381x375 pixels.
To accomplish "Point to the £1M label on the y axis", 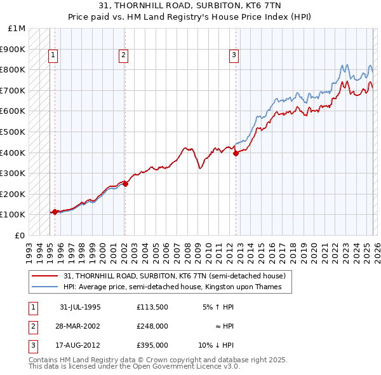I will pyautogui.click(x=17, y=29).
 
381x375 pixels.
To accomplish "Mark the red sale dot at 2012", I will pyautogui.click(x=236, y=153).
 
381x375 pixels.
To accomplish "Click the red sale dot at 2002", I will pyautogui.click(x=126, y=184).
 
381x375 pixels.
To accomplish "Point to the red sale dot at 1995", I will pyautogui.click(x=55, y=212).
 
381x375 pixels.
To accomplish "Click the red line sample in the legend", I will pyautogui.click(x=45, y=276).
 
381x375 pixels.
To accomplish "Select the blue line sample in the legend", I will pyautogui.click(x=45, y=287).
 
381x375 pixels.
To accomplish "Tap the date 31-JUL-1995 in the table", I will pyautogui.click(x=80, y=307).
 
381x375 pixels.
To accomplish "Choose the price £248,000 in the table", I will pyautogui.click(x=152, y=326).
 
